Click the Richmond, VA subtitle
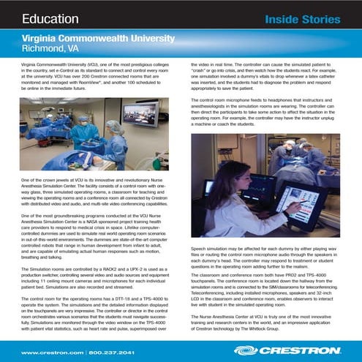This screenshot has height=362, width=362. point(51,48)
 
